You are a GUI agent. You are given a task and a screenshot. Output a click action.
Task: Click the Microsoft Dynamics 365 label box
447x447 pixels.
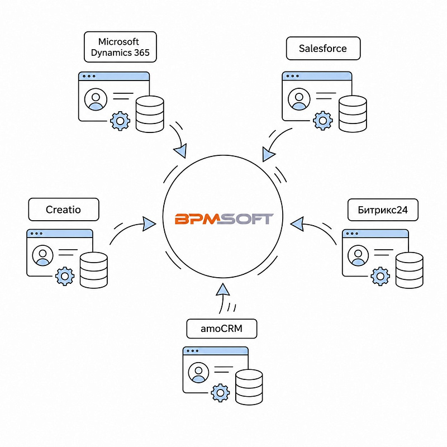coord(120,47)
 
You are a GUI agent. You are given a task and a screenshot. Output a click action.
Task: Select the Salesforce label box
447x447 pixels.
coord(324,49)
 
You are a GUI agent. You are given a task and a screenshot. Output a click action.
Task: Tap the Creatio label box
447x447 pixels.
coord(64,210)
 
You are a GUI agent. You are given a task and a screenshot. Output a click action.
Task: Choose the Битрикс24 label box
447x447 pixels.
coord(383,210)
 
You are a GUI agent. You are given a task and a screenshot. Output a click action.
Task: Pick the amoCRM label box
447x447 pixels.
coord(221,329)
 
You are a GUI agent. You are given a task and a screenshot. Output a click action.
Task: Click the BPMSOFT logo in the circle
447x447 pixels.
coord(224,218)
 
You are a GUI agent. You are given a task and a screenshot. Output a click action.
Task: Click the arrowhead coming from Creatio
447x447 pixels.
coord(149,224)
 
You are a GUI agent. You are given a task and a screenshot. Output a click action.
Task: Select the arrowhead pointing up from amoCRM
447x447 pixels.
coord(223,289)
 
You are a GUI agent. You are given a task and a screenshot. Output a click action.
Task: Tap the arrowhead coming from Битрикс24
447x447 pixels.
coord(297,224)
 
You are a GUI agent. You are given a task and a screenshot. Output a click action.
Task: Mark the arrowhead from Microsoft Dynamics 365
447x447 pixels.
coord(180,150)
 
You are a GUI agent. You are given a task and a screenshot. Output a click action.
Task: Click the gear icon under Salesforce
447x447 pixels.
coord(323,121)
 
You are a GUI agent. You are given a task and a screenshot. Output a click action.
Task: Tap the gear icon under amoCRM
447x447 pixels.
coord(220,393)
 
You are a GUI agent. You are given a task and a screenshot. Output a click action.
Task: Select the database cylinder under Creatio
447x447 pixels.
coord(94,270)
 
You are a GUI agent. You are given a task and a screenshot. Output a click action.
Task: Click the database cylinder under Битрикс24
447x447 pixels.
coord(410,270)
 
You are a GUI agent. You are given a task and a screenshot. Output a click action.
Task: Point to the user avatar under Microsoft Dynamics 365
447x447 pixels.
coord(96,99)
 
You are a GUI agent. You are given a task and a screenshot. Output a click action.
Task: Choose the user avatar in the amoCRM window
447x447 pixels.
coord(199,373)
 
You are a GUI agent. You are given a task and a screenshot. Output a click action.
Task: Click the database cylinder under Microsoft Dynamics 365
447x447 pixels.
coord(150,114)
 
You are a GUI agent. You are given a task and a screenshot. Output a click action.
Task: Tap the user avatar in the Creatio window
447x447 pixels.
coord(43,255)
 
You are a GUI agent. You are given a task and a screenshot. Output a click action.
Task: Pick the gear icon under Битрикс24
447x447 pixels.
coord(381,276)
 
